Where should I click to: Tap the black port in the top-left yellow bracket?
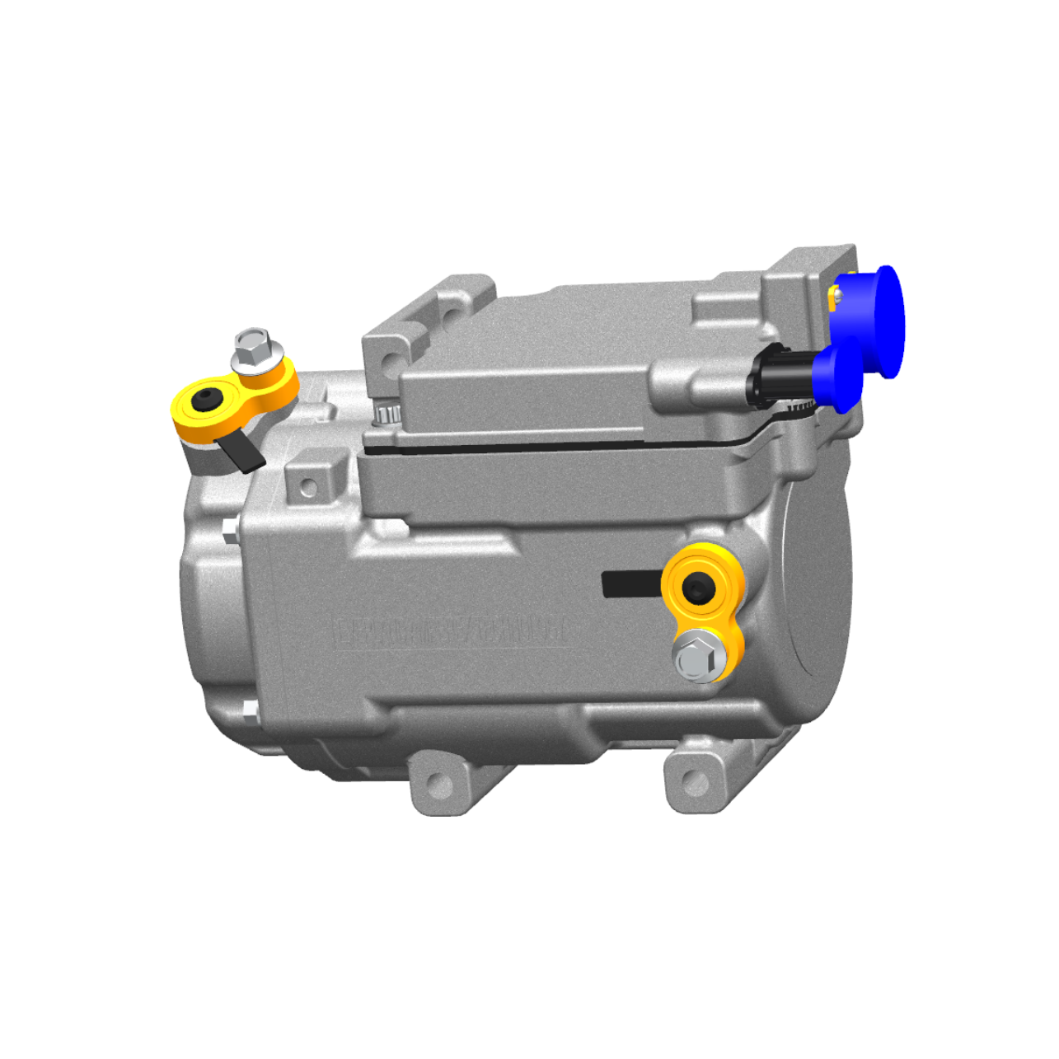tap(206, 400)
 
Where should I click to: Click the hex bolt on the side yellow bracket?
tap(699, 657)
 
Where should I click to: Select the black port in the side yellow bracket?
tap(700, 588)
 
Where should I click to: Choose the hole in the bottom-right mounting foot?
tap(695, 781)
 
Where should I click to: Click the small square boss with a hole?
tap(309, 486)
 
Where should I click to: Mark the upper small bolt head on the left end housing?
tap(231, 530)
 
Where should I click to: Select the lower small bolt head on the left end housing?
tap(249, 711)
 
